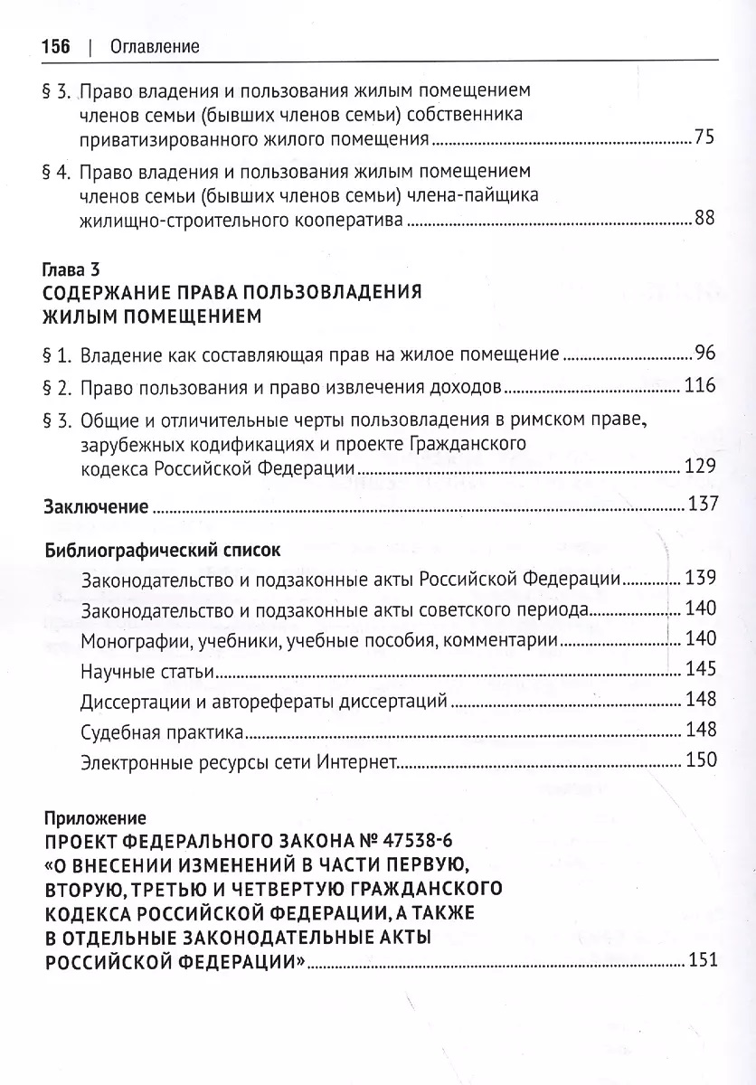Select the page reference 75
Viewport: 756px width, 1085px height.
click(x=704, y=138)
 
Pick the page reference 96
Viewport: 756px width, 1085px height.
click(x=704, y=354)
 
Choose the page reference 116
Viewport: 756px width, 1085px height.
click(x=700, y=386)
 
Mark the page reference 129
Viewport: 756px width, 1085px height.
click(x=700, y=467)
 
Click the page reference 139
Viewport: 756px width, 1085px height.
click(x=700, y=578)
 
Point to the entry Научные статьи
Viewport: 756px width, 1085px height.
click(x=147, y=670)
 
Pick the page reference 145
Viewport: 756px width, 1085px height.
click(x=700, y=669)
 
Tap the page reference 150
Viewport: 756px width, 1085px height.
click(x=700, y=759)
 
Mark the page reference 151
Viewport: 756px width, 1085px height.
click(x=702, y=959)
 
